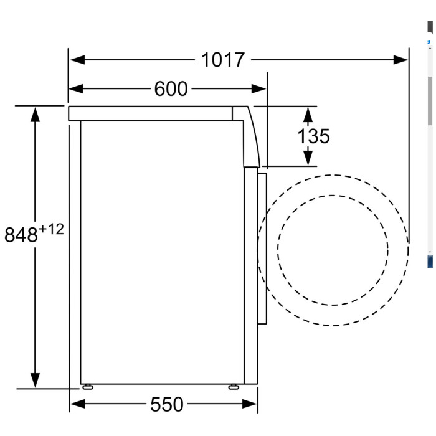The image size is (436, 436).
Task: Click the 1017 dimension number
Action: [223, 60]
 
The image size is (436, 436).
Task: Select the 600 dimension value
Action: [171, 89]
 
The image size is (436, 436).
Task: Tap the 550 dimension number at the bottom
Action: [167, 404]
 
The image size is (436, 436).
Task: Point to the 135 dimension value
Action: [313, 136]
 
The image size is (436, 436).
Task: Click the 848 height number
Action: [21, 235]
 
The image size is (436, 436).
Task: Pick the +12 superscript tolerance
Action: [52, 229]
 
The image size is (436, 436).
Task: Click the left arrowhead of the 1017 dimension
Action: [77, 60]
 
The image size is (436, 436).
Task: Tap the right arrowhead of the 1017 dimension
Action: [400, 60]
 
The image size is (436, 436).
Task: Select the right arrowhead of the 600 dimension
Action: [258, 88]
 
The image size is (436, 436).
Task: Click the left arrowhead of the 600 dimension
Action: [76, 88]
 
